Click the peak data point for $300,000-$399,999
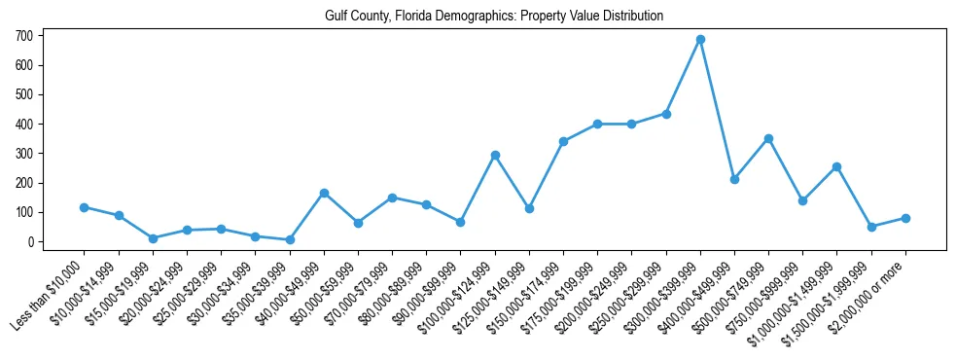pos(700,40)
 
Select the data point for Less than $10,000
pos(85,207)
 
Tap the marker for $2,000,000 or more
pos(905,218)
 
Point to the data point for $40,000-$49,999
pos(324,193)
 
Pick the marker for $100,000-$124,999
pos(495,155)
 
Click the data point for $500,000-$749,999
pos(768,138)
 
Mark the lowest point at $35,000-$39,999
pos(290,239)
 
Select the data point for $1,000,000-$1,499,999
pos(836,166)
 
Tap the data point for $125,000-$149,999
pos(529,208)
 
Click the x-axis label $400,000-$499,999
pos(700,292)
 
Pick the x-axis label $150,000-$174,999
pos(529,292)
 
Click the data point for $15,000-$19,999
pos(153,238)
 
